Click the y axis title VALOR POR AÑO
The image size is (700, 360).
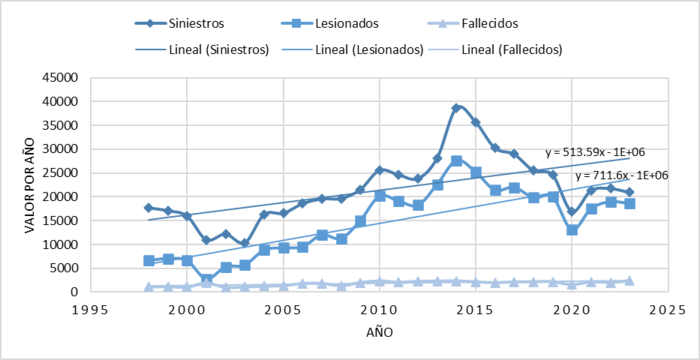[20, 184]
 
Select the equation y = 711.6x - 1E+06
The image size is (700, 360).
[620, 175]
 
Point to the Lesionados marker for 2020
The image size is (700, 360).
[571, 230]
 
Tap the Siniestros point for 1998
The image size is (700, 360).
[149, 208]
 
